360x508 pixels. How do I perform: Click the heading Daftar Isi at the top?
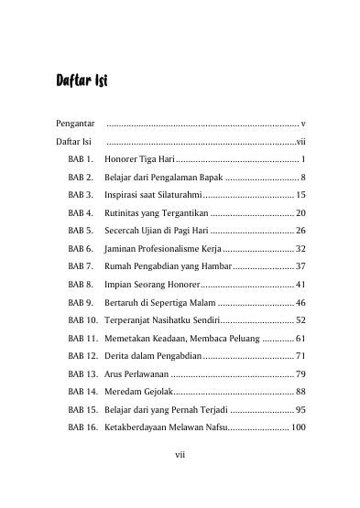tap(82, 81)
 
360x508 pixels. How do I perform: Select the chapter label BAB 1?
tap(81, 160)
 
